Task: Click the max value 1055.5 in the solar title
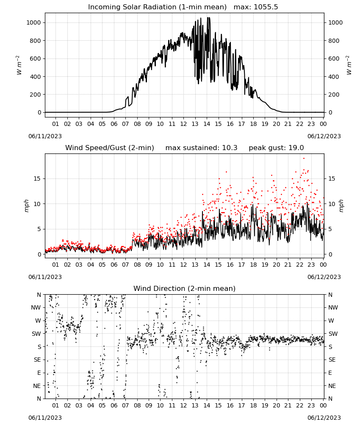266,7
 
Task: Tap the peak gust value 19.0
295,148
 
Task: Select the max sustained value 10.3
230,148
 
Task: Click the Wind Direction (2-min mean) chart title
185,288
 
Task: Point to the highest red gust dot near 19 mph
304,159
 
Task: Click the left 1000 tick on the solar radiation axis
33,23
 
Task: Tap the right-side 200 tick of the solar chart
334,95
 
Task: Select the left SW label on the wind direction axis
36,334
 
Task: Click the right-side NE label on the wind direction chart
332,386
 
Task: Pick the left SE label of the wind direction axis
37,360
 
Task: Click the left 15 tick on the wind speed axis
37,179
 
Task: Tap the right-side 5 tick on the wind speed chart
330,229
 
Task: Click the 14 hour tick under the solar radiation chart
207,124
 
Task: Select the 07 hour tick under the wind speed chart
125,265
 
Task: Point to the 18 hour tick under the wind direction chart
253,405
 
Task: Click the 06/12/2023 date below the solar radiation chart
324,136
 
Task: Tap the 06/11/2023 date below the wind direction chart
45,418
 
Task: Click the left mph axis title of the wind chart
26,206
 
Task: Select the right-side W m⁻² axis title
349,65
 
